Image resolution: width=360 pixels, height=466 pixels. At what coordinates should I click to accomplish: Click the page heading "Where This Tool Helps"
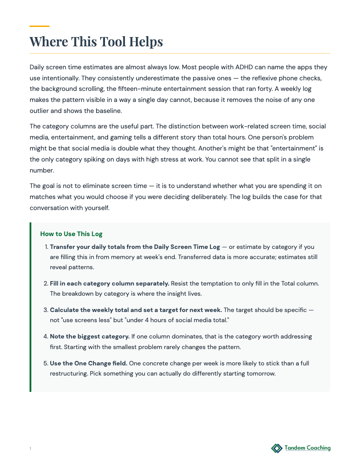pyautogui.click(x=96, y=42)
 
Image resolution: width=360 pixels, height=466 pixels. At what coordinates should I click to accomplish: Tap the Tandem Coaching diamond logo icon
pyautogui.click(x=277, y=448)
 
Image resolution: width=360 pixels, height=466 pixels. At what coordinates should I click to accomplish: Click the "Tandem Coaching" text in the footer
pyautogui.click(x=307, y=448)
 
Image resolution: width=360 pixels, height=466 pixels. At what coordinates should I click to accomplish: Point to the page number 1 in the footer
pyautogui.click(x=30, y=449)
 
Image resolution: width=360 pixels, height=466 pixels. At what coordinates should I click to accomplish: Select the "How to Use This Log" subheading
pyautogui.click(x=71, y=234)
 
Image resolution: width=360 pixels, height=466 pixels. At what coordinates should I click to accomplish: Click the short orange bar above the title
pyautogui.click(x=39, y=26)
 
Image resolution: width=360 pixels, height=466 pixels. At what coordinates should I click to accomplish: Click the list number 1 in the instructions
pyautogui.click(x=46, y=247)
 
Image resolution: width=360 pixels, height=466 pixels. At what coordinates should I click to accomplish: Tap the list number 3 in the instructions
pyautogui.click(x=46, y=310)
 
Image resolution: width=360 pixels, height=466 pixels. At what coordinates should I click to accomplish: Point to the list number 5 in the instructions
pyautogui.click(x=46, y=364)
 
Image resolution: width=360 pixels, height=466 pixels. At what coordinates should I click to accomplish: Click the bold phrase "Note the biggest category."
pyautogui.click(x=90, y=336)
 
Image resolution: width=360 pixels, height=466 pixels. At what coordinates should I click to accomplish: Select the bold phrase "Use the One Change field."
pyautogui.click(x=89, y=364)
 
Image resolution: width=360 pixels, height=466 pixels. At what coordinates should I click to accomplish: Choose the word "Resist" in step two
pyautogui.click(x=180, y=283)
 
